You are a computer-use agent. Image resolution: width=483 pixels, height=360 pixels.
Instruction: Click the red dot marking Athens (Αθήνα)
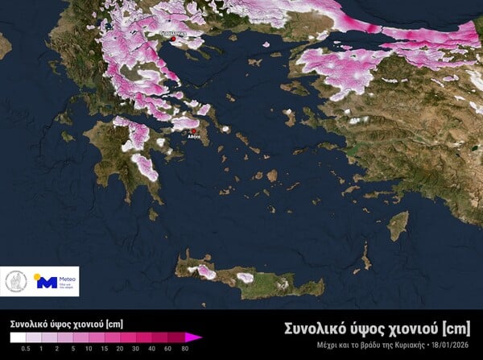tap(193, 130)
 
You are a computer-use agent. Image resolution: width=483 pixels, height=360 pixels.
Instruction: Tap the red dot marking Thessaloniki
tap(172, 38)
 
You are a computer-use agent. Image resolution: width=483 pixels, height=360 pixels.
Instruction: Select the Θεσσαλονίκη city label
tap(173, 32)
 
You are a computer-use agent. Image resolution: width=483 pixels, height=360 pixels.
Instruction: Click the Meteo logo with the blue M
tap(54, 281)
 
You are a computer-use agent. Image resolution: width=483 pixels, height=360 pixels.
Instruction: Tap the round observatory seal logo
tap(15, 281)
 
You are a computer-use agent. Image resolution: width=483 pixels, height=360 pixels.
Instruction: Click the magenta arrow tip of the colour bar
tap(195, 337)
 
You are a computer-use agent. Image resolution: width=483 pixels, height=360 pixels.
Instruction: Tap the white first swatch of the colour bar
tap(17, 337)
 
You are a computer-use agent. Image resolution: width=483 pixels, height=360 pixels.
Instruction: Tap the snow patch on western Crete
tap(206, 271)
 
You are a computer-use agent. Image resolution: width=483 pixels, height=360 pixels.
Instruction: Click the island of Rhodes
tap(398, 226)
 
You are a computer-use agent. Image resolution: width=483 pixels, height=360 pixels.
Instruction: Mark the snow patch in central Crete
tap(246, 278)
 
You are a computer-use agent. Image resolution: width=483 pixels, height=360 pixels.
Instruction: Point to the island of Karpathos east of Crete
tap(365, 257)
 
